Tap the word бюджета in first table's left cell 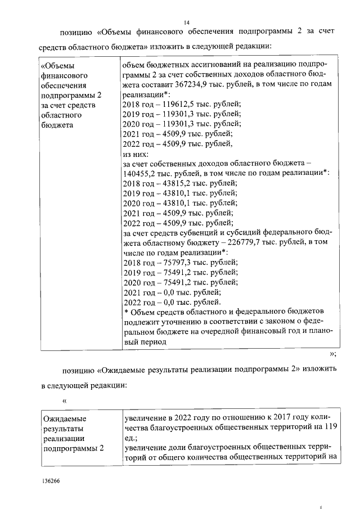coord(58,124)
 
